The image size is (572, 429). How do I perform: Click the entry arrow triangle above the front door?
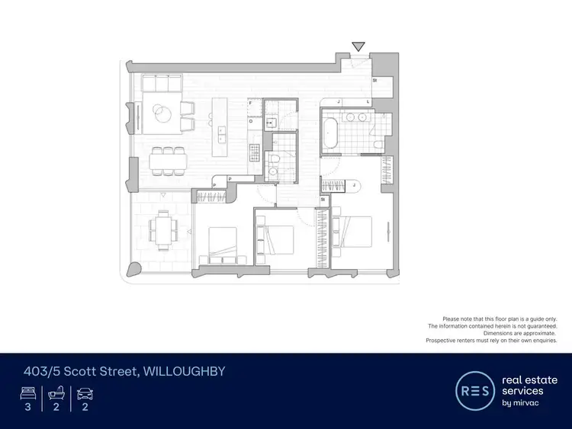pyautogui.click(x=358, y=46)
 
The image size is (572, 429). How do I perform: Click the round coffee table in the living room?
pyautogui.click(x=162, y=114)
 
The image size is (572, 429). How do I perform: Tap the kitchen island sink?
pyautogui.click(x=222, y=133)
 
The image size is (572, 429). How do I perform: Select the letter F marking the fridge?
pyautogui.click(x=249, y=102)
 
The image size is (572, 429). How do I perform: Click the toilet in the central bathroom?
pyautogui.click(x=273, y=157)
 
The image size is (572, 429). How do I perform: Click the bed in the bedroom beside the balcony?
pyautogui.click(x=221, y=243)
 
